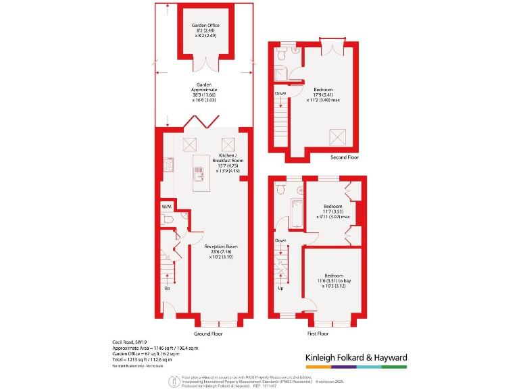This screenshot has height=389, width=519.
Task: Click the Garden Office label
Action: (x=205, y=26)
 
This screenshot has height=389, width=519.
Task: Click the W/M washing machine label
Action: (x=166, y=206)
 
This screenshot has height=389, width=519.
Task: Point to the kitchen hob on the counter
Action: (x=167, y=165)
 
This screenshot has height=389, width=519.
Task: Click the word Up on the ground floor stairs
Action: (x=168, y=287)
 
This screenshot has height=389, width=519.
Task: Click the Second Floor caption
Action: (x=345, y=157)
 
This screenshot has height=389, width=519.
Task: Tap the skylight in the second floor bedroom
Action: (x=337, y=136)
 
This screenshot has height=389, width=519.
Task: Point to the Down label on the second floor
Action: (x=280, y=93)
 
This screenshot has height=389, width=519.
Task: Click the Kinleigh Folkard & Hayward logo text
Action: (x=352, y=358)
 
